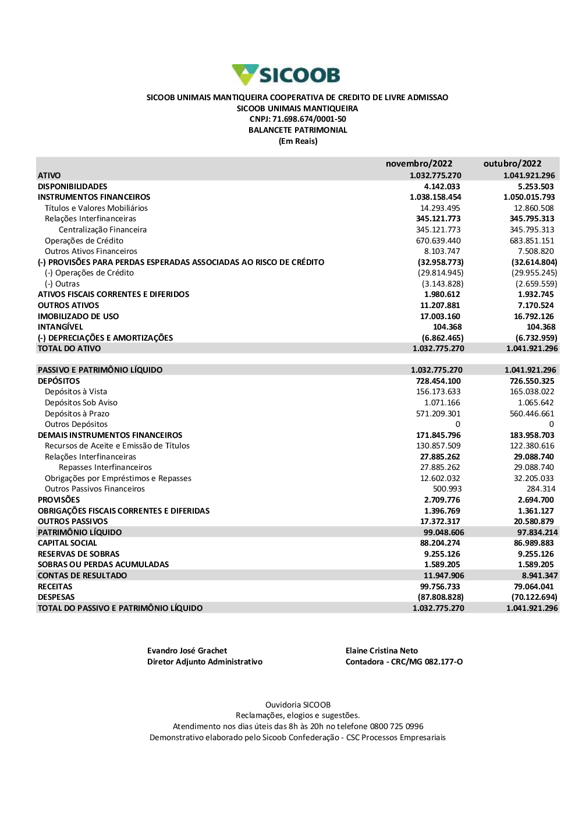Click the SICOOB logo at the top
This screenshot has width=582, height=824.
pos(286,75)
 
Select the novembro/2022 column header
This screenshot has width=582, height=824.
pos(418,164)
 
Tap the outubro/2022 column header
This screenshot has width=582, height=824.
pos(512,164)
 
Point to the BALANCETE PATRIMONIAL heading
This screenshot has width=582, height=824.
pos(297,130)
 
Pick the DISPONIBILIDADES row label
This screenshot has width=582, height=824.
pos(73,186)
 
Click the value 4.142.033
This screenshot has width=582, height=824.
pos(442,186)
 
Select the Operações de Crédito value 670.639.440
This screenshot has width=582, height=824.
pos(438,241)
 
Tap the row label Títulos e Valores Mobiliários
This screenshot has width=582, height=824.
pos(96,208)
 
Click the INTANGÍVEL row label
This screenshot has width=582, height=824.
pos(61,327)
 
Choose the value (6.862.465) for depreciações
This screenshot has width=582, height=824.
pos(442,338)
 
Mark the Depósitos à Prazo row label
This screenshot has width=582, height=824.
pos(77,413)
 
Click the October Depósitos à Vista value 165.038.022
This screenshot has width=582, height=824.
pos(532,392)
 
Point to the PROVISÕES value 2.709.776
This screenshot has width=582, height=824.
pos(442,500)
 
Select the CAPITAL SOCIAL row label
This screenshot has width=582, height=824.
pos(68,543)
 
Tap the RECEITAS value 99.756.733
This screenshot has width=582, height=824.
pos(440,586)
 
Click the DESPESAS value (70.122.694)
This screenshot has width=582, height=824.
pos(534,597)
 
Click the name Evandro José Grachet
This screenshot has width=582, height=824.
pos(187,651)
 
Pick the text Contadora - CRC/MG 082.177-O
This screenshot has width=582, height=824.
pos(404,662)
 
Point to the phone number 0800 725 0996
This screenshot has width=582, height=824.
pos(396,727)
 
